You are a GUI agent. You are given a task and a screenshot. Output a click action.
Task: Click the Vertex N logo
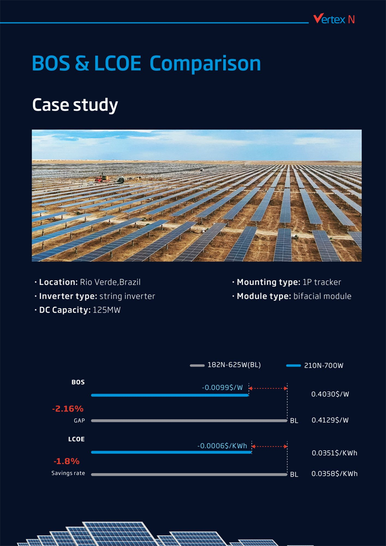click(x=333, y=19)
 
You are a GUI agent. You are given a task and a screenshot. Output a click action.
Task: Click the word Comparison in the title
click(x=205, y=64)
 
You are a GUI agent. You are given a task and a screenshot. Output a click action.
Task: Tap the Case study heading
click(x=75, y=105)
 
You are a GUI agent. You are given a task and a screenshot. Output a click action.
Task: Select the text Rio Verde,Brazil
click(x=110, y=282)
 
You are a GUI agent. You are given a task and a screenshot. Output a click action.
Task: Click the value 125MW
click(x=107, y=310)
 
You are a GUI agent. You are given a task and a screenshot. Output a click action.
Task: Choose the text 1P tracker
click(x=322, y=282)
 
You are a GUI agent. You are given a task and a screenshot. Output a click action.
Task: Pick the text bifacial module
click(x=322, y=296)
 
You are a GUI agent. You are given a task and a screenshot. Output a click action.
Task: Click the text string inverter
click(x=127, y=296)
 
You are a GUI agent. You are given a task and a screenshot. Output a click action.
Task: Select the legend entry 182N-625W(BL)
click(x=234, y=365)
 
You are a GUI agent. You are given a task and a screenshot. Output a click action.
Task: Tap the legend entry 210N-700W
click(x=323, y=366)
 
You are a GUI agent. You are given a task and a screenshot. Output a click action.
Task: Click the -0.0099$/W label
click(x=222, y=387)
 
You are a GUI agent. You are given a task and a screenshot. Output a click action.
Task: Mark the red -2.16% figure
click(x=68, y=409)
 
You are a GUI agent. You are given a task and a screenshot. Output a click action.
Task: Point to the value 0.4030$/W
click(x=330, y=394)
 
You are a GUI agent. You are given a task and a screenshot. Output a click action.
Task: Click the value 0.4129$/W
click(x=330, y=420)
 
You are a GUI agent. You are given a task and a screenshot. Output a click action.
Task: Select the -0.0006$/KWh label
click(x=222, y=446)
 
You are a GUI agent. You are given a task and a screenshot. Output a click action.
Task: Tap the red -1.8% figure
click(x=67, y=461)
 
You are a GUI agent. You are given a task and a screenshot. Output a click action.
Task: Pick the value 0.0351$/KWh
click(x=334, y=453)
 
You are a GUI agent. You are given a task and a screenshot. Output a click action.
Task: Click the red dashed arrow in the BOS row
click(x=268, y=388)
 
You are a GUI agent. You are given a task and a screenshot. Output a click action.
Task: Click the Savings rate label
click(x=68, y=473)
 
